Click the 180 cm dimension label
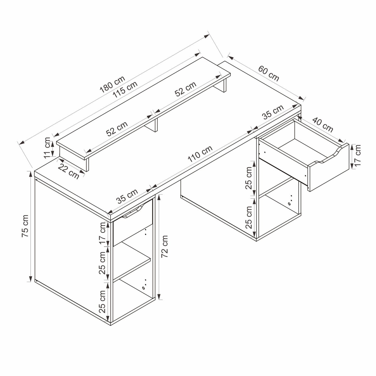tap(112, 84)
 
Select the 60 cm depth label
tap(269, 73)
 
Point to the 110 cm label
tap(200, 154)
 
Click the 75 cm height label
tap(25, 226)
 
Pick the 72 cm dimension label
tap(165, 246)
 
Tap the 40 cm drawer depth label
tap(322, 125)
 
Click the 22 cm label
tap(69, 171)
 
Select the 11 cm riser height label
tap(47, 148)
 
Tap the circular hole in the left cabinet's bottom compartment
tap(143, 288)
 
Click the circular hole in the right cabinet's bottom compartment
tap(289, 204)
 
